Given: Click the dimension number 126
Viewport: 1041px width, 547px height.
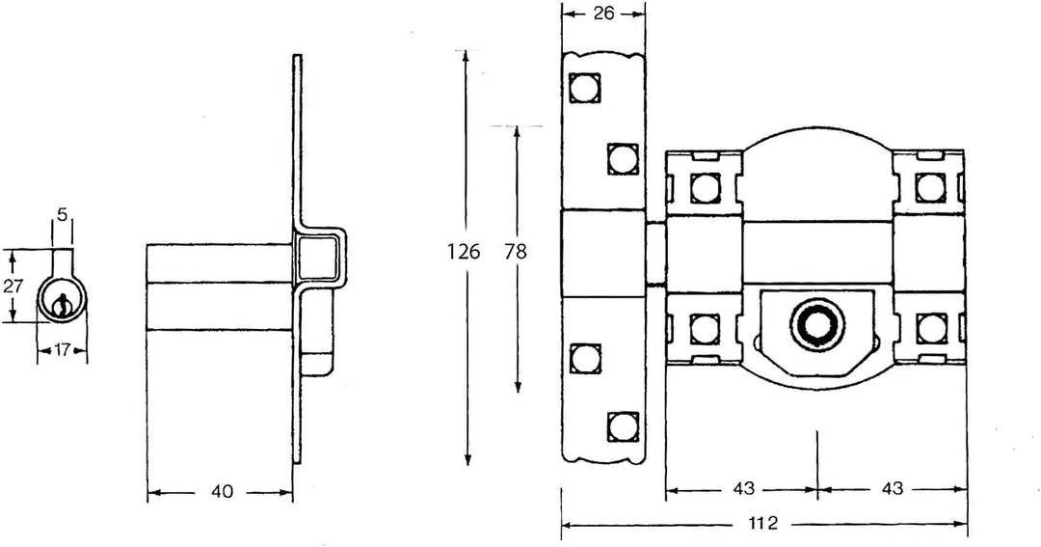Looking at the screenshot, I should pos(464,252).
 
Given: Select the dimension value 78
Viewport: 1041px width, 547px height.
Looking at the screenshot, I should pos(517,252).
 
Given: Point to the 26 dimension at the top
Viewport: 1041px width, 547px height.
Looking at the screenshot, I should pos(602,14).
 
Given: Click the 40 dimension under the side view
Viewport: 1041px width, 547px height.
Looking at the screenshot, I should pos(222,492).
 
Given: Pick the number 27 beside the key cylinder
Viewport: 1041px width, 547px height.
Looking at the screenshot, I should pos(13,286).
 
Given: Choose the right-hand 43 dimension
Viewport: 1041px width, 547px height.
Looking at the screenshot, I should pos(892,489).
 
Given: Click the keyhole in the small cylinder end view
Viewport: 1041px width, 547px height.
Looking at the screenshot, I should pos(61,304).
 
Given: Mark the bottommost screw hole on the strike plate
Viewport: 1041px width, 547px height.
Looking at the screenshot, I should pos(624,424).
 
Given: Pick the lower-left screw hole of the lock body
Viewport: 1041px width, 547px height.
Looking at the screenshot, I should pos(706,328).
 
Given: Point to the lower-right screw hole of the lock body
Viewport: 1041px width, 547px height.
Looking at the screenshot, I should pos(930,328).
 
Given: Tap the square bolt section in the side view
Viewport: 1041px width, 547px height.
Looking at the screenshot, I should pos(318,260).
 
